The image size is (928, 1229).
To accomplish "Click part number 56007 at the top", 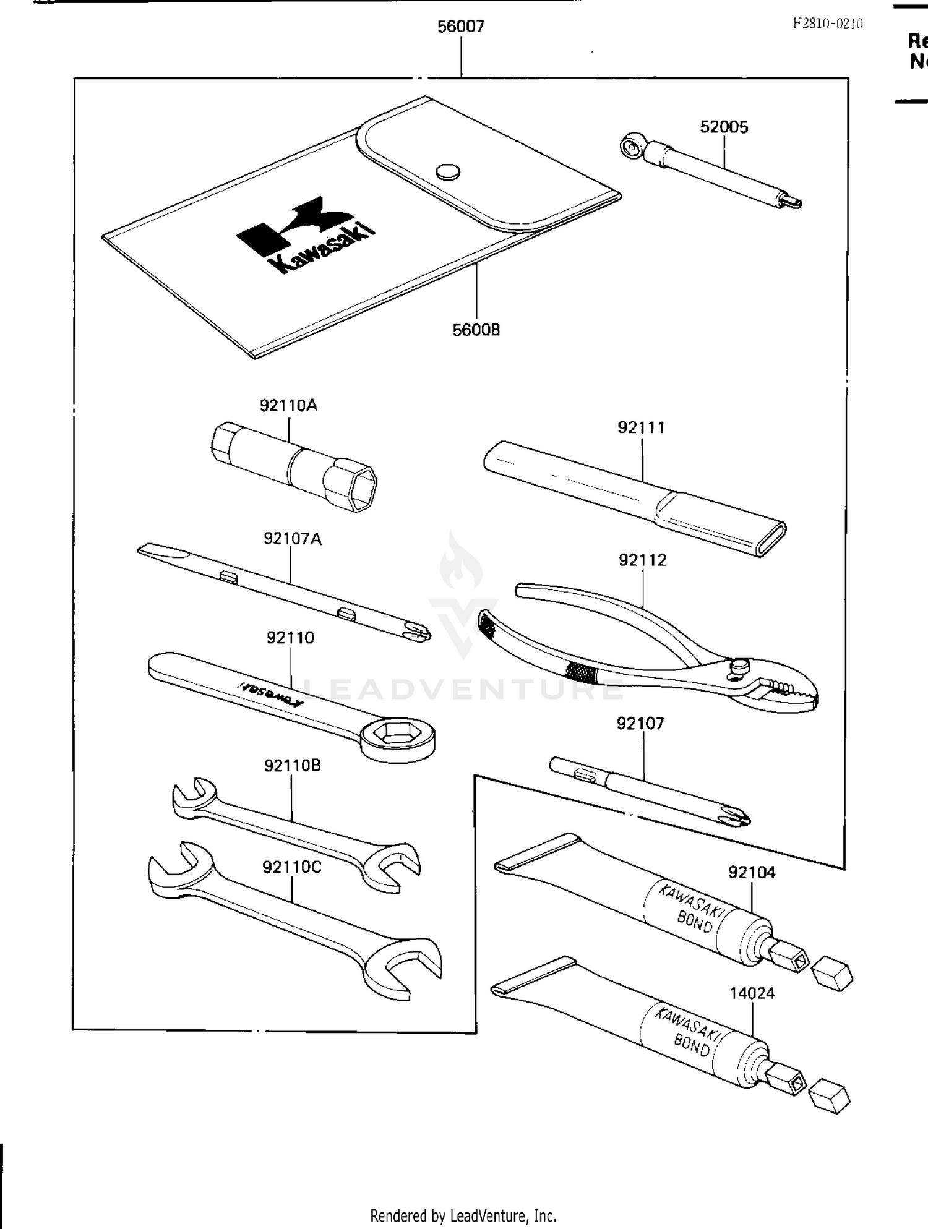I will tap(461, 27).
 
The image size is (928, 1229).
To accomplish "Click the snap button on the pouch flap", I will tap(448, 171).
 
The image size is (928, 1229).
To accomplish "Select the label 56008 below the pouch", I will tap(476, 330).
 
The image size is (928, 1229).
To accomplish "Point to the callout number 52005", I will tap(724, 127).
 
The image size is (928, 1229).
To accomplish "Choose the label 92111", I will tap(641, 427).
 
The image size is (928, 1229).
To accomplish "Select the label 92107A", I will tap(293, 539).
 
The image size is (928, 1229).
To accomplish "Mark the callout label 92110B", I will tap(293, 766).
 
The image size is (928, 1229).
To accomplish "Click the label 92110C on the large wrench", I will tap(292, 867).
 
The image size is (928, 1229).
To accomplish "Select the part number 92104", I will tap(752, 872).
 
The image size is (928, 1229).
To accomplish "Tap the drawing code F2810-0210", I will tap(828, 24).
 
